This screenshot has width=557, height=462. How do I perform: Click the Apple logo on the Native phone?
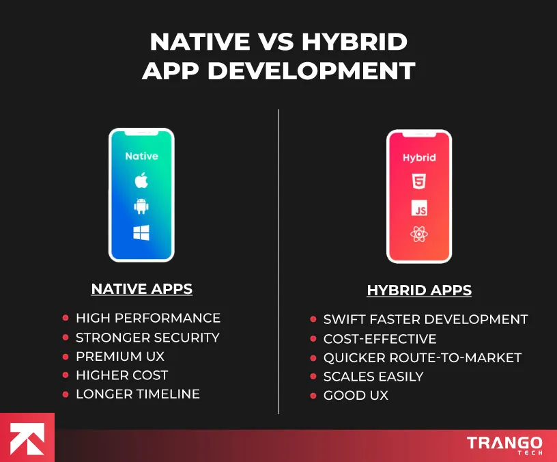point(141,180)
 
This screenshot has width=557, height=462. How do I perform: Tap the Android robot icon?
point(141,206)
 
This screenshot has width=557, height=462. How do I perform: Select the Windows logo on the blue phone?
point(141,233)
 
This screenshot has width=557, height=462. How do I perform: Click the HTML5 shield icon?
point(418,182)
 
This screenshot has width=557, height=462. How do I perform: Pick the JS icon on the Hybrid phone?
point(418,208)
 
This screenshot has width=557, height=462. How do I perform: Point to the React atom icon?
point(418,234)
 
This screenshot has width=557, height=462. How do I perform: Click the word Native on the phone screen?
point(141,156)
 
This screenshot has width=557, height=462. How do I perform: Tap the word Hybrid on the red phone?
point(418,157)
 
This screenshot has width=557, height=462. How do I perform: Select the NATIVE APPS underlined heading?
point(142,289)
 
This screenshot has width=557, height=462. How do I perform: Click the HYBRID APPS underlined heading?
point(419,290)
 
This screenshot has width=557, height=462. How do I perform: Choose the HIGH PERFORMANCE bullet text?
point(147,318)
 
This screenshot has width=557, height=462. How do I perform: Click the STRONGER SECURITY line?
point(147,337)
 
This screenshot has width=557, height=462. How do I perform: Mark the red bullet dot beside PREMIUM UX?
point(66,356)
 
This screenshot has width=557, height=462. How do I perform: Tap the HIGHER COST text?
point(122,375)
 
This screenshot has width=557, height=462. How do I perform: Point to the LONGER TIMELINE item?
point(137,394)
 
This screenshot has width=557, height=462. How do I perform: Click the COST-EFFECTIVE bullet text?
point(380,338)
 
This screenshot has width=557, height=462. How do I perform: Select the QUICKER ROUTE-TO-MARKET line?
point(422,357)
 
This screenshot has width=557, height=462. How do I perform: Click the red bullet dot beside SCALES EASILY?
point(313,377)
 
